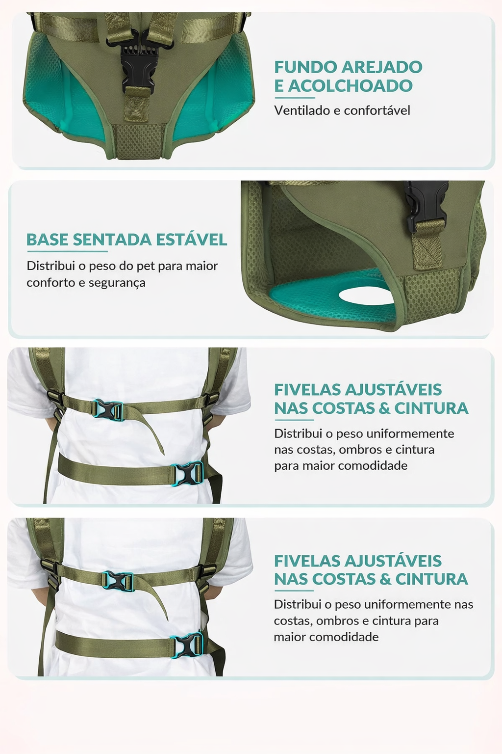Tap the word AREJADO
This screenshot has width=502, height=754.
pyautogui.click(x=382, y=67)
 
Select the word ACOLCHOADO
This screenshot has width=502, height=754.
pyautogui.click(x=351, y=85)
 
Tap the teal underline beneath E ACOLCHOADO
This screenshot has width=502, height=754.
pyautogui.click(x=295, y=98)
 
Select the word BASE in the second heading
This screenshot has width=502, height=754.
pyautogui.click(x=48, y=240)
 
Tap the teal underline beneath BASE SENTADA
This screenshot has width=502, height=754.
pyautogui.click(x=67, y=251)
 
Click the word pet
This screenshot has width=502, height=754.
pyautogui.click(x=146, y=266)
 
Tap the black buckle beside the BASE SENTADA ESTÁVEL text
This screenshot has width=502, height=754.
pyautogui.click(x=427, y=204)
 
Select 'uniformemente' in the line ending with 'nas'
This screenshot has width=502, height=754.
pyautogui.click(x=407, y=604)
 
